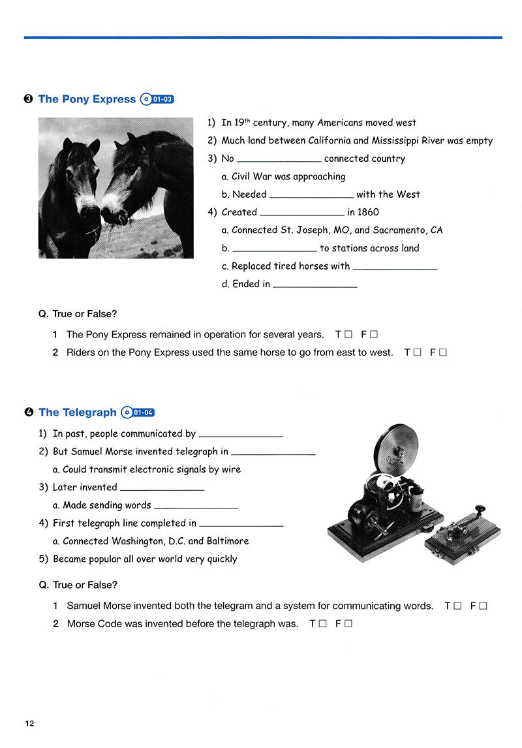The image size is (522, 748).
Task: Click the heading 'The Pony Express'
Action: click(x=87, y=99)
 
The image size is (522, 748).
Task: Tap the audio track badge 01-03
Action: click(x=157, y=100)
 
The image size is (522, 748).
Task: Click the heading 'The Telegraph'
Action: click(x=78, y=412)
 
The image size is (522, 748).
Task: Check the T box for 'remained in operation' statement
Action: click(x=348, y=335)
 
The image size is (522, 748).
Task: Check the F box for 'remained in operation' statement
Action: click(x=374, y=335)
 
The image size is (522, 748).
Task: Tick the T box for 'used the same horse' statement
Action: click(x=417, y=352)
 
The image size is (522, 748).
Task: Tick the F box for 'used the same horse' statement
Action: click(x=443, y=352)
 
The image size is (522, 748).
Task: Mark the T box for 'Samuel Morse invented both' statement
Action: click(x=457, y=606)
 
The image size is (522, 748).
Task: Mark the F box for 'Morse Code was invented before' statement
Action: click(x=348, y=623)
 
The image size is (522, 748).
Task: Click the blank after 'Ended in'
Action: click(x=315, y=284)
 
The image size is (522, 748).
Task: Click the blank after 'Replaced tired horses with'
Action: click(x=395, y=266)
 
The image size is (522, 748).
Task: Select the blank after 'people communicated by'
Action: click(x=241, y=433)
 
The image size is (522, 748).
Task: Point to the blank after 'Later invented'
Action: click(x=162, y=487)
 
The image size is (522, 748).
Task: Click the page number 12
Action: click(x=29, y=723)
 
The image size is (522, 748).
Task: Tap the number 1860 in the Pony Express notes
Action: click(x=368, y=212)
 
